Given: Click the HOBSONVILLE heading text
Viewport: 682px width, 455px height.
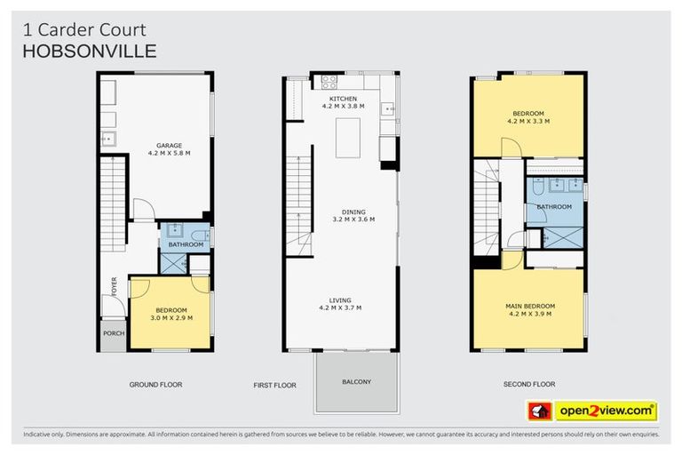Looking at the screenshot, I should [x=89, y=51].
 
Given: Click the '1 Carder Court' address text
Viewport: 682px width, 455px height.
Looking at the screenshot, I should [x=83, y=30].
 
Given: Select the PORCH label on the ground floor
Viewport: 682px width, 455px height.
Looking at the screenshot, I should [x=114, y=334].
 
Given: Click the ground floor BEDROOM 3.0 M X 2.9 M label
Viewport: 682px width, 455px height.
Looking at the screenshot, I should [x=170, y=313].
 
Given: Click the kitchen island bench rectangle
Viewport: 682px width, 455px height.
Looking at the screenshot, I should [x=348, y=137].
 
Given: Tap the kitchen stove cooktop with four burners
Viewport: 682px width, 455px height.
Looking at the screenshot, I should [x=329, y=82].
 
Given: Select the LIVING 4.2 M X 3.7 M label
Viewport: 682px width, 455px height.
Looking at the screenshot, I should [x=343, y=303].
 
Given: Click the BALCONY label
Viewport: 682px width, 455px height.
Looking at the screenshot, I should [x=356, y=382].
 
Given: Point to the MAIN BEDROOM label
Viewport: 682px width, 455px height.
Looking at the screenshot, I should [x=531, y=308].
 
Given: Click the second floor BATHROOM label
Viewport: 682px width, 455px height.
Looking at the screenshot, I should [x=554, y=207].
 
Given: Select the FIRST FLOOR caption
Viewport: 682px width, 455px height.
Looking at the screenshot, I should [x=274, y=385].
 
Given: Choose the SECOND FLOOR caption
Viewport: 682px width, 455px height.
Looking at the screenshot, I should [x=529, y=384].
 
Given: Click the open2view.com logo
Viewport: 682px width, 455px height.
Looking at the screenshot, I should [x=592, y=411].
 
